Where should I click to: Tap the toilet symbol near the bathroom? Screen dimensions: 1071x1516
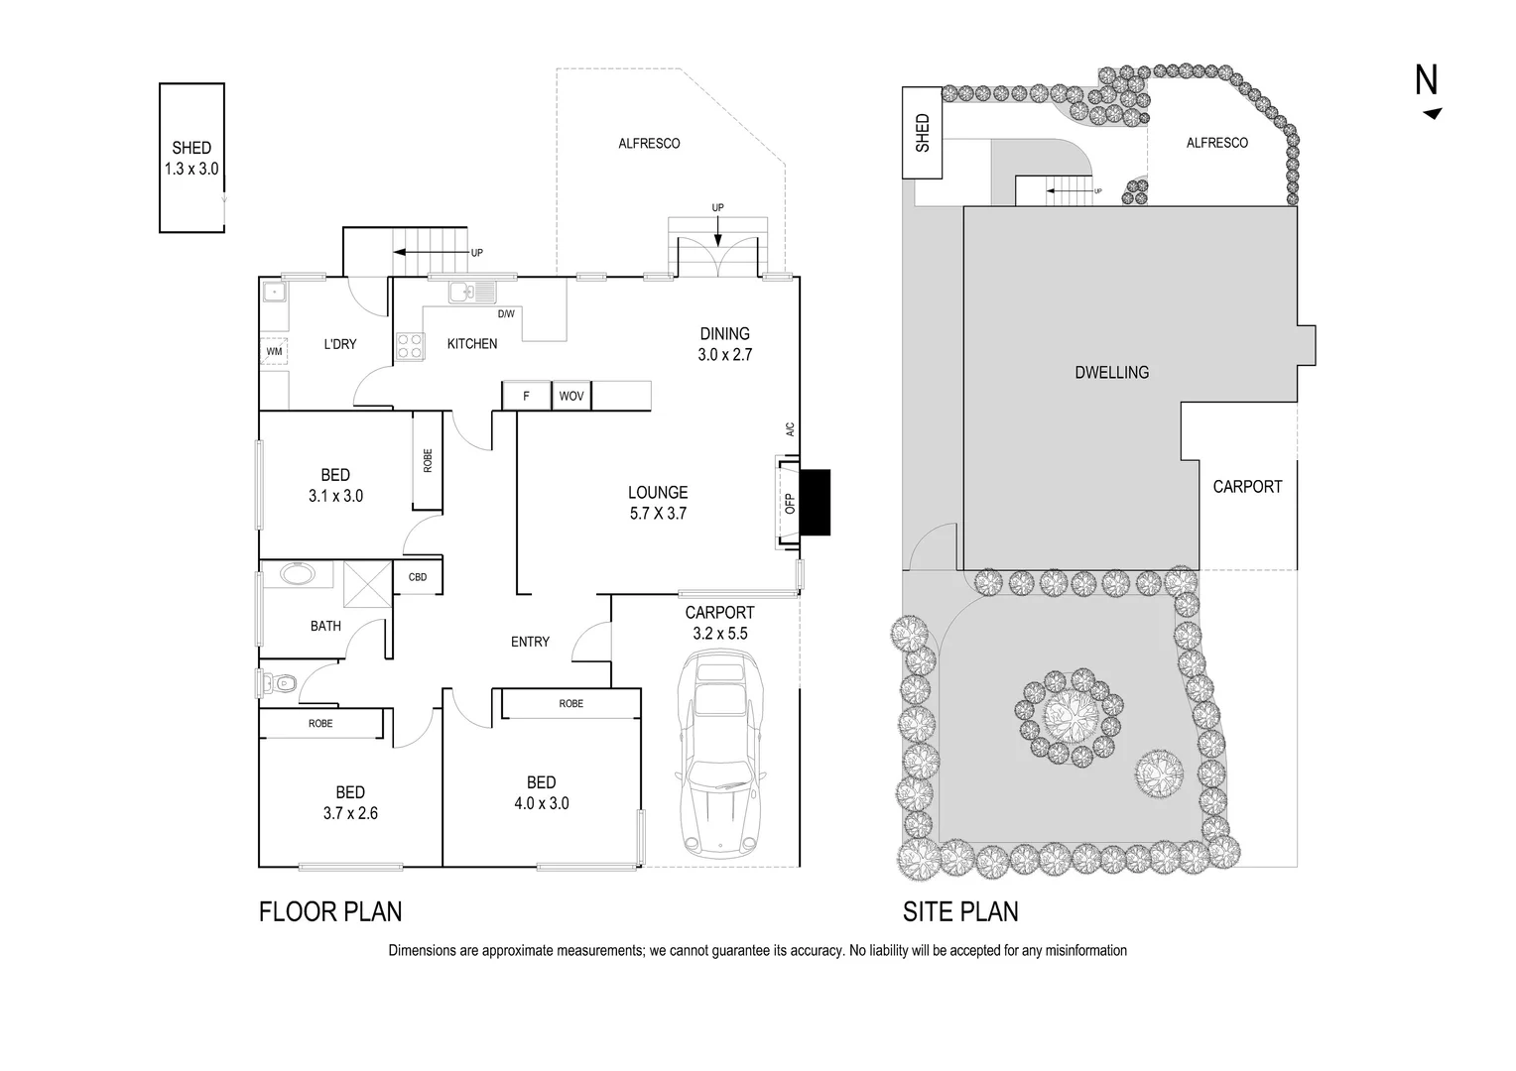tap(282, 683)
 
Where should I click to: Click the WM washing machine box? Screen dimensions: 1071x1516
tap(274, 352)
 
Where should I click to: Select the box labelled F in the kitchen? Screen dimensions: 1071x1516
tap(526, 396)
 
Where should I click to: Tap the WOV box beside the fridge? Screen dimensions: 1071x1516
tap(571, 396)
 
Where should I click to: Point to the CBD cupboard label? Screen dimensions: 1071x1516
tap(418, 577)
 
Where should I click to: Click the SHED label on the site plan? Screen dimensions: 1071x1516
tap(923, 133)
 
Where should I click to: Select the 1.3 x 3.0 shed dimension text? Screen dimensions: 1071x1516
tap(191, 170)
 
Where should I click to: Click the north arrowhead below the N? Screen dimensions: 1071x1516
tap(1432, 114)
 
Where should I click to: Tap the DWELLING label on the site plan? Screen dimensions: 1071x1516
tap(1111, 373)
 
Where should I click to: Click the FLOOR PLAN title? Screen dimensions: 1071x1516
tap(330, 911)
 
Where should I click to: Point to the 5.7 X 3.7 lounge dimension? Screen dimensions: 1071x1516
tap(657, 514)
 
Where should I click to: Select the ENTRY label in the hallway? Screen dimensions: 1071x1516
tap(530, 642)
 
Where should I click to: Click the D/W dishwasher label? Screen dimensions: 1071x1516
tap(506, 314)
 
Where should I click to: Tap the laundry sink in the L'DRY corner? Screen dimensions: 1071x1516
tap(273, 292)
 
